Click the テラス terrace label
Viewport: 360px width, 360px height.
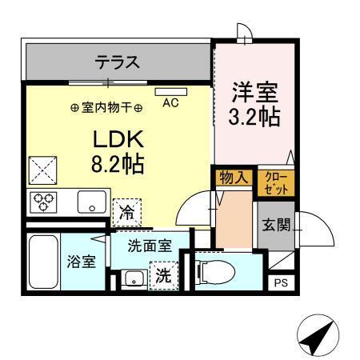(118, 62)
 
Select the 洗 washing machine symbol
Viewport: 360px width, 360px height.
(162, 276)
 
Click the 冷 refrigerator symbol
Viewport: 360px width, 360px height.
(126, 212)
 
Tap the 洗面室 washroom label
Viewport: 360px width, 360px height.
(150, 246)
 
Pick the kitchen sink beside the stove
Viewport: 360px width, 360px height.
(93, 202)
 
